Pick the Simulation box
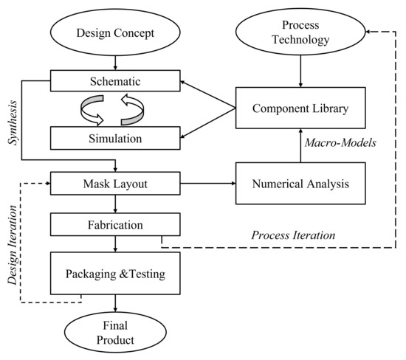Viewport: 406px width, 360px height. (x=115, y=137)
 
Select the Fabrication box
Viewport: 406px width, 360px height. (x=115, y=223)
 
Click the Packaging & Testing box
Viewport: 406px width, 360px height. (x=115, y=273)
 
